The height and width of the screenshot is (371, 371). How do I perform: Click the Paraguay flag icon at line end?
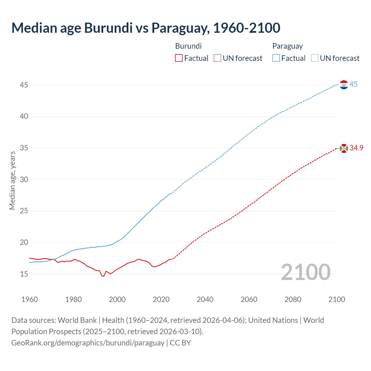pos(344,85)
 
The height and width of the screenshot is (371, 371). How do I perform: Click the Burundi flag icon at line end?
pos(344,148)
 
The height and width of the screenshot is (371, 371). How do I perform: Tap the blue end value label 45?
pos(353,84)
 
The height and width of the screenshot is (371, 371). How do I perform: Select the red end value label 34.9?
pos(356,148)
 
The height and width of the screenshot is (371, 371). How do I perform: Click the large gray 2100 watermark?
pos(306,272)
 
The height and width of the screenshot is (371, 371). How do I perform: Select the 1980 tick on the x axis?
pos(73,299)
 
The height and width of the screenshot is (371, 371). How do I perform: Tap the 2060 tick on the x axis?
pos(249,299)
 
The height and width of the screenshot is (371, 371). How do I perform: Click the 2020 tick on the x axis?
pos(161,299)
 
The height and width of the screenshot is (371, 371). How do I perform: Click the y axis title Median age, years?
pos(12,180)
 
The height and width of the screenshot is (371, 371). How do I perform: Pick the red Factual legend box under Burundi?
pos(179,58)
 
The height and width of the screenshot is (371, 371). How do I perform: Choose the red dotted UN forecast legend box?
pos(217,58)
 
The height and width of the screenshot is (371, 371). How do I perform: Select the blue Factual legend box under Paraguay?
pos(276,58)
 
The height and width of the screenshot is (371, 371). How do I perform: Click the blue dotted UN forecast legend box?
pos(314,58)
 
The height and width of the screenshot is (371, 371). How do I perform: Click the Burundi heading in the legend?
pos(188,46)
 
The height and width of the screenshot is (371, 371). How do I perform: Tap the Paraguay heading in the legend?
pos(288,46)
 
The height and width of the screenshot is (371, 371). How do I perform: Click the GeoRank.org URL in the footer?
pos(88,343)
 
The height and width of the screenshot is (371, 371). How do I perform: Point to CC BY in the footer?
pos(180,343)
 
